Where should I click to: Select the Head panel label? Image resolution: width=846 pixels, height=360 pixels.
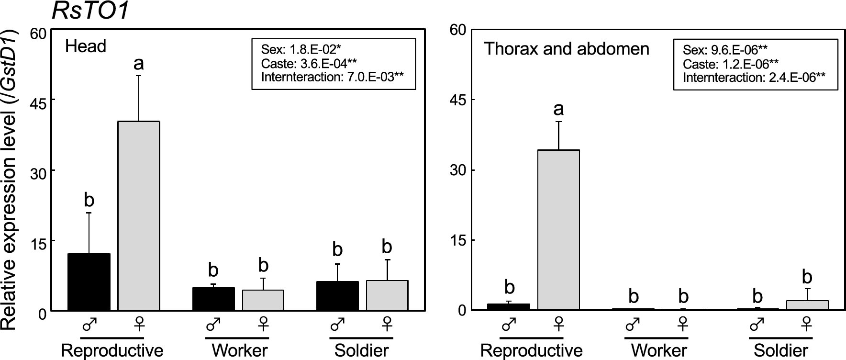point(86,46)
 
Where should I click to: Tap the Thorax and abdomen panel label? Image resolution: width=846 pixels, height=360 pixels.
point(567,49)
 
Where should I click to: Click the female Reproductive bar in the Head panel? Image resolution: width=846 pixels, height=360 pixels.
point(139,215)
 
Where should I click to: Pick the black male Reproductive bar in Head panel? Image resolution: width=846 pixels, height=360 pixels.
point(89,282)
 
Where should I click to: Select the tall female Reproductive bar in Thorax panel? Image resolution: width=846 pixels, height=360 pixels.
point(558,230)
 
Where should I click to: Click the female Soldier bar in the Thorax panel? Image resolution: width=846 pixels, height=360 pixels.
point(807,305)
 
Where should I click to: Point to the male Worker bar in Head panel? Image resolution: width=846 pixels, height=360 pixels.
point(213,299)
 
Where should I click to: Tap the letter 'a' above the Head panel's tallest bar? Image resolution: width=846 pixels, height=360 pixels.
point(139,63)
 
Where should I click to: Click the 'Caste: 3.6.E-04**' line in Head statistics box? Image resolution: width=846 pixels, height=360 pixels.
point(309,63)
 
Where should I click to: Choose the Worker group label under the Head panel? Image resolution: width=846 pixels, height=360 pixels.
point(239,350)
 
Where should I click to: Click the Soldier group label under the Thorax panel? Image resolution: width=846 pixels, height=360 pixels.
point(781,350)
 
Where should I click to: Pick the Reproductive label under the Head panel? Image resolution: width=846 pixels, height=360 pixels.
point(112,350)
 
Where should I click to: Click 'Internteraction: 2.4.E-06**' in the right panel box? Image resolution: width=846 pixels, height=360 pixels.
point(754,78)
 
